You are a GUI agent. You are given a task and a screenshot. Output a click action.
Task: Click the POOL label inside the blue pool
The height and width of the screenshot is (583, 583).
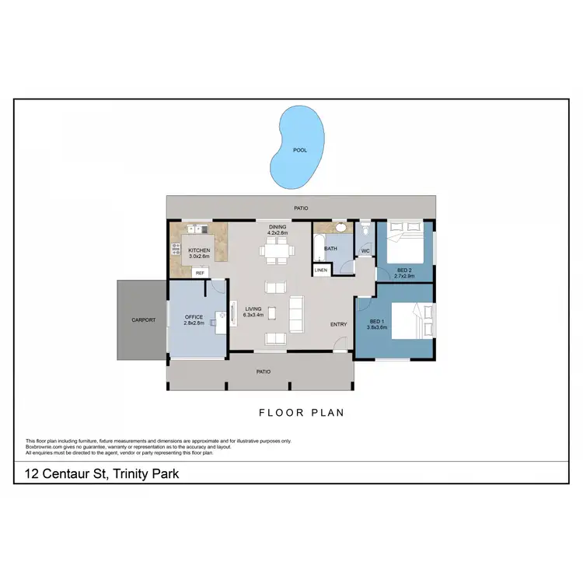tap(298, 150)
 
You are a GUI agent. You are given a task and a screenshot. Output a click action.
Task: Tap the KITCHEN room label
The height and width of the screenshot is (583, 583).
tap(199, 250)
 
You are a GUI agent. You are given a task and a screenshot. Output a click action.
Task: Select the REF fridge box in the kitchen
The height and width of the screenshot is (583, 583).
tap(200, 274)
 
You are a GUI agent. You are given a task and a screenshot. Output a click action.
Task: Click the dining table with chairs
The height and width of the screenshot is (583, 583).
tap(278, 250)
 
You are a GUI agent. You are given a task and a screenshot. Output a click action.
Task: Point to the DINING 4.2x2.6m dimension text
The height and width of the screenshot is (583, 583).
tap(278, 232)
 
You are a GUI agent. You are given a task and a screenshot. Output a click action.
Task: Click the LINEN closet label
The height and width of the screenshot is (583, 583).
tap(320, 270)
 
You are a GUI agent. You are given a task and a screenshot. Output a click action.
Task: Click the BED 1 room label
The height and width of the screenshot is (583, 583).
tap(377, 322)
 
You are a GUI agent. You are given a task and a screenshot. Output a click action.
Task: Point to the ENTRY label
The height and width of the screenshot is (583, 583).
tap(339, 324)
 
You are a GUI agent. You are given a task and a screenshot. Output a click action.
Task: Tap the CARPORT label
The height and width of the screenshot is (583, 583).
tap(143, 319)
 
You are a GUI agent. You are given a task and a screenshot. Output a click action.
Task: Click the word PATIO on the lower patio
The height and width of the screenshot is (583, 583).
tap(264, 372)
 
